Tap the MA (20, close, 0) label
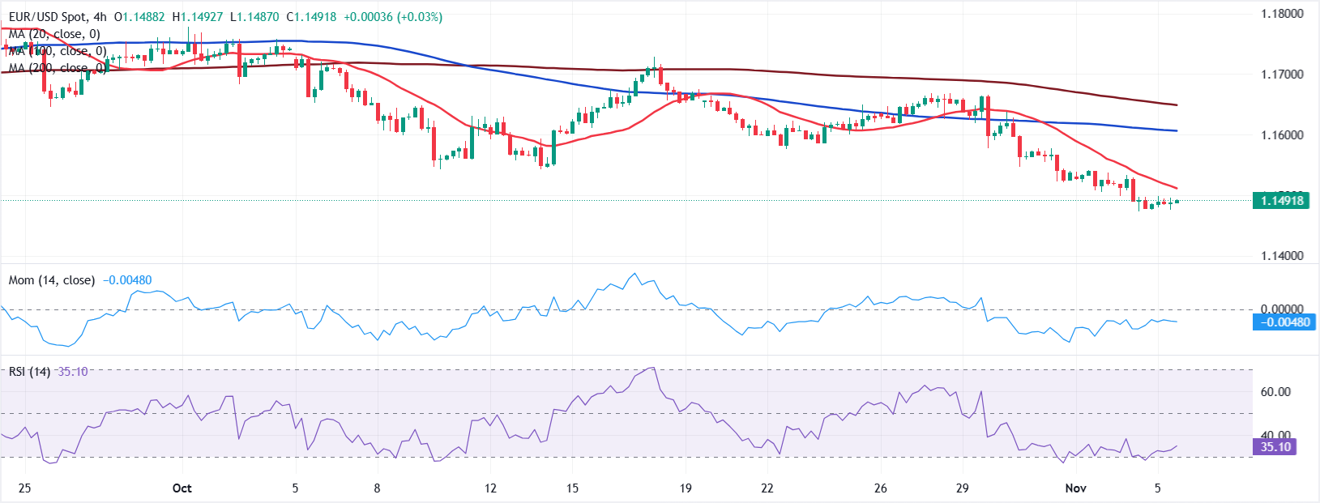[54, 34]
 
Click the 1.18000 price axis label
[1282, 14]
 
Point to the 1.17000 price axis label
[1282, 75]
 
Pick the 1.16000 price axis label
[1282, 135]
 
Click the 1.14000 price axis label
[1282, 256]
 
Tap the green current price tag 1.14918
[1281, 201]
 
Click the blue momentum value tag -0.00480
[1281, 322]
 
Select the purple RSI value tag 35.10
[1275, 447]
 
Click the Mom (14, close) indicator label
[51, 280]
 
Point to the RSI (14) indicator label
[29, 372]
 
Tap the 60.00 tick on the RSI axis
[1275, 392]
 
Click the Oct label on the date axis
[182, 488]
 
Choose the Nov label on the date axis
[1075, 488]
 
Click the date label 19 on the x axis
[686, 488]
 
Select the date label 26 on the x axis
[881, 488]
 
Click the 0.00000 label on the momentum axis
[1282, 309]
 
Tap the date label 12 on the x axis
[490, 488]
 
